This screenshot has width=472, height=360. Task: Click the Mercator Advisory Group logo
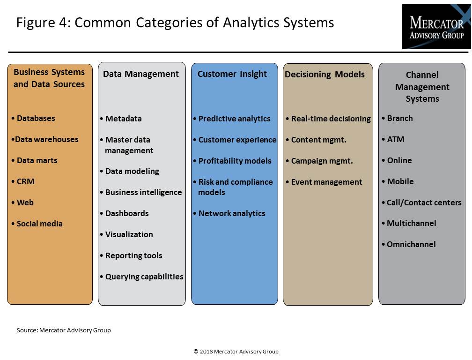[436, 27]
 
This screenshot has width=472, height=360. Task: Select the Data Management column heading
[141, 74]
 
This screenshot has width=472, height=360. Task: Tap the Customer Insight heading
[232, 74]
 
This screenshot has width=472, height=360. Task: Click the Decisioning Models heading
[324, 74]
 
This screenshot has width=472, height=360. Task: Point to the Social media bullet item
[37, 224]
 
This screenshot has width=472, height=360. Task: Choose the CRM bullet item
[23, 181]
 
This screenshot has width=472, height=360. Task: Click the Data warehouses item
[45, 139]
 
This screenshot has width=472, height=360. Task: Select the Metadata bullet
[121, 119]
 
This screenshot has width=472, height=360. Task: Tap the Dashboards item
[125, 213]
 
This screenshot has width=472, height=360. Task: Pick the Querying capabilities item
[141, 277]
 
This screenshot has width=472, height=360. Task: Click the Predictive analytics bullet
[232, 119]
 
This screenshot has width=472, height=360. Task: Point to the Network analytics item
[229, 213]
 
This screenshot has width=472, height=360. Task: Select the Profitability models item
[232, 161]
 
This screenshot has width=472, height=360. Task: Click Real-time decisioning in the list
[328, 119]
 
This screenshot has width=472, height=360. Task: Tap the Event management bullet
[324, 182]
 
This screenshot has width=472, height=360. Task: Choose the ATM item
[393, 139]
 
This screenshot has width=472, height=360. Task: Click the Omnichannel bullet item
[408, 244]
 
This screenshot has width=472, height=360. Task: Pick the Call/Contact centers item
[421, 202]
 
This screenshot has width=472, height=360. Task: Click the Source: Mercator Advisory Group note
[64, 330]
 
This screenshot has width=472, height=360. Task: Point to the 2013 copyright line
[236, 351]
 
